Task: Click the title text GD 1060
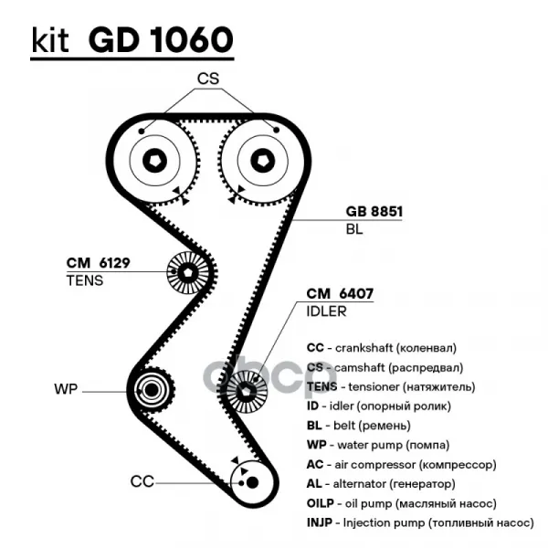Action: tap(162, 40)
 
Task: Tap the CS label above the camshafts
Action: tap(208, 79)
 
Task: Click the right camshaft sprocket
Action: tap(263, 161)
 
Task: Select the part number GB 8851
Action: tap(374, 212)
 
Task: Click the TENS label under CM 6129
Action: tap(85, 280)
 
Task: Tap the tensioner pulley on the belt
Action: tap(187, 270)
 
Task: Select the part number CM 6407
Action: tap(340, 294)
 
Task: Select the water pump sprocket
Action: tap(152, 391)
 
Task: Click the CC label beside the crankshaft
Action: tap(142, 480)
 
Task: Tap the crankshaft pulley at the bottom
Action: tap(245, 479)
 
